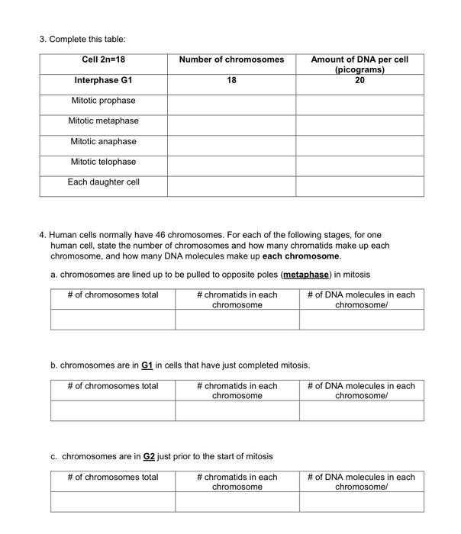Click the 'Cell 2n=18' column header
(103, 60)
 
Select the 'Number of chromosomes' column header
(231, 60)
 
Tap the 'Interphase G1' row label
(103, 80)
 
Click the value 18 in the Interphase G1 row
(231, 80)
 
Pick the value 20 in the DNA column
(359, 79)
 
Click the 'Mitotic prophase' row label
(103, 101)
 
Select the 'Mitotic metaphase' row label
(103, 121)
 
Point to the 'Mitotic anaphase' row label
(103, 141)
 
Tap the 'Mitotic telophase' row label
(103, 162)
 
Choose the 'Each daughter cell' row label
(103, 182)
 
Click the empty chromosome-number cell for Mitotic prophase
(231, 103)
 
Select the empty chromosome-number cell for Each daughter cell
(231, 185)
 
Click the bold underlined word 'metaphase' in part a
(306, 275)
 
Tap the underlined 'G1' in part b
(148, 365)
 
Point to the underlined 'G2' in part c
(150, 457)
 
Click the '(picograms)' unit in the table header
(359, 69)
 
